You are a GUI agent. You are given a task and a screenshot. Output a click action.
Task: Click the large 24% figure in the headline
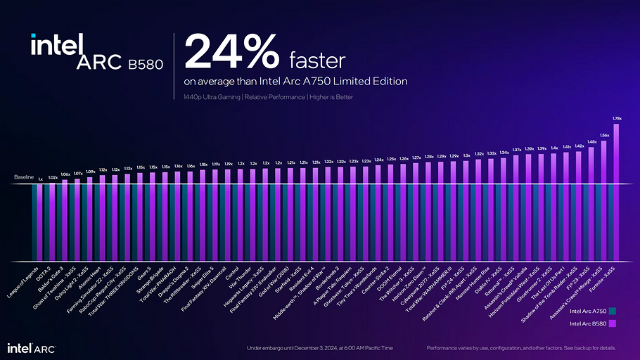pyautogui.click(x=232, y=52)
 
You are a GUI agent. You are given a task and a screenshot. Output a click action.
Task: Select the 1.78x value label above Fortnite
pyautogui.click(x=617, y=118)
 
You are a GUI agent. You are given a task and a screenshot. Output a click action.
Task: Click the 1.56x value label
pyautogui.click(x=604, y=135)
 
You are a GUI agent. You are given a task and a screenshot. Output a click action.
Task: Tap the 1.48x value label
pyautogui.click(x=591, y=142)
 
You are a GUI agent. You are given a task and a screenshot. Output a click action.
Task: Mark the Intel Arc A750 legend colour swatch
pyautogui.click(x=613, y=311)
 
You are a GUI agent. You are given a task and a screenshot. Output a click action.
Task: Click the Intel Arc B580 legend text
pyautogui.click(x=589, y=323)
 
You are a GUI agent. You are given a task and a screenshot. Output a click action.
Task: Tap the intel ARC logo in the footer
pyautogui.click(x=31, y=348)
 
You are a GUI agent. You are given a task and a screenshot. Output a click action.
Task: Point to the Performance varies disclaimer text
pyautogui.click(x=521, y=348)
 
